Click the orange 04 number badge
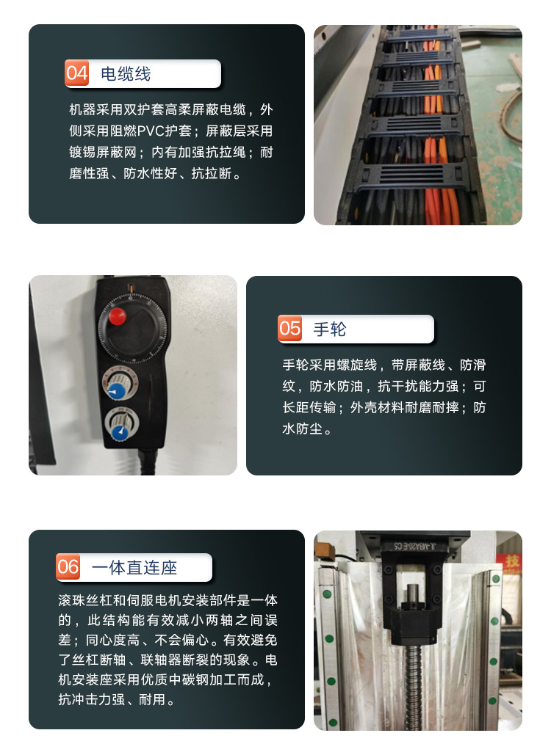coord(76,73)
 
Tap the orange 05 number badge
coord(289,329)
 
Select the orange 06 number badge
coord(68,566)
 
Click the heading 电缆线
coord(126,73)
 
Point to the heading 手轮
coord(330,329)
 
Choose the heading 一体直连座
coord(134,567)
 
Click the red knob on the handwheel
coord(117,316)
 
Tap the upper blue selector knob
coord(116,390)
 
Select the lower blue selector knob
coord(119,431)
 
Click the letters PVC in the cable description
coord(151,131)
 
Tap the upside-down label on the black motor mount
coord(414,546)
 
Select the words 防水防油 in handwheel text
coord(336,386)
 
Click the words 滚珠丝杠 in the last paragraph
coord(84,600)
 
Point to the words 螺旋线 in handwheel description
coord(356,365)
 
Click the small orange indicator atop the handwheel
coord(131,288)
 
